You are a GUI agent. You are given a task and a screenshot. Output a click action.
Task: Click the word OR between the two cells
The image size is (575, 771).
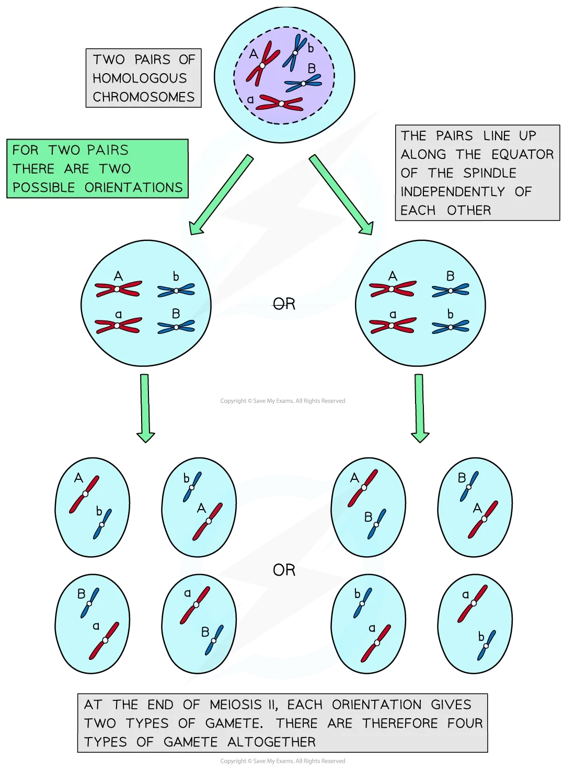284,304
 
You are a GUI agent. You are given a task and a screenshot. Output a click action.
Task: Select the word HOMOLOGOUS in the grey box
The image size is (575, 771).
140,78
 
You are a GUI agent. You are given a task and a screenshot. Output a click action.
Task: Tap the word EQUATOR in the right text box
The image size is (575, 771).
522,154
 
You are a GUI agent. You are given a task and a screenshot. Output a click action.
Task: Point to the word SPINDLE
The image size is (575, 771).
490,173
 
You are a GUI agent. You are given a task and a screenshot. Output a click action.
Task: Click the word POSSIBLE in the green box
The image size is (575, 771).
44,188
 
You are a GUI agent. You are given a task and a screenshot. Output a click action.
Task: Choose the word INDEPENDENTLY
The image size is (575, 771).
453,192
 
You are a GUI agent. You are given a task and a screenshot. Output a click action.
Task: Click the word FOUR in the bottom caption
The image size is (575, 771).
465,723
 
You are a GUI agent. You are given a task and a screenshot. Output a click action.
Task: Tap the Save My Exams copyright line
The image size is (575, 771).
282,761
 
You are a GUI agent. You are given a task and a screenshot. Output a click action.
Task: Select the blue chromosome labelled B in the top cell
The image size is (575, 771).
303,83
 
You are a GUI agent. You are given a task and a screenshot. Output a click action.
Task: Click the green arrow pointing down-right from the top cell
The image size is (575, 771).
341,195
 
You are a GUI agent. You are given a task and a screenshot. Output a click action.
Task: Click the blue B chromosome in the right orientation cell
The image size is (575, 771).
450,290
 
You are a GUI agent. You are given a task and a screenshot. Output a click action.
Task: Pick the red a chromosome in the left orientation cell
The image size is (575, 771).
118,326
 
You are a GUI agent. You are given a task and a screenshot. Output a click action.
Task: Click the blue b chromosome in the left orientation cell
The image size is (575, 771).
176,290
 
